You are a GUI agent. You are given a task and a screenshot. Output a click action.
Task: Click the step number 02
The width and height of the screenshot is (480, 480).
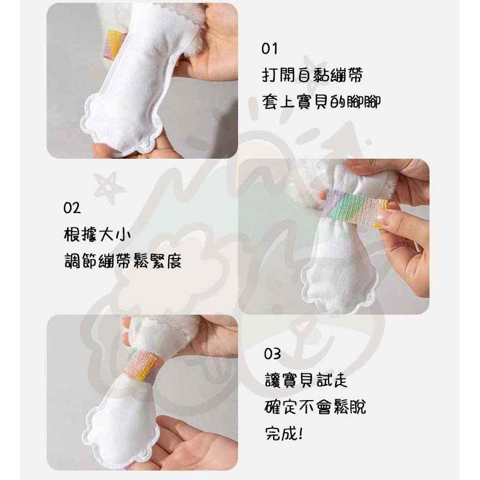[x=72, y=208]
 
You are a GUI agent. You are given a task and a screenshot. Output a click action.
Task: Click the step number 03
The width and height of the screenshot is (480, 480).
[x=272, y=353]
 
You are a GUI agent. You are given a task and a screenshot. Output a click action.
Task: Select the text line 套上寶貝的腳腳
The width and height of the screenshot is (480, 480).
[x=322, y=102]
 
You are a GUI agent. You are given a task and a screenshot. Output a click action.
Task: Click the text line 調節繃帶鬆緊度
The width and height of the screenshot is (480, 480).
[x=123, y=261]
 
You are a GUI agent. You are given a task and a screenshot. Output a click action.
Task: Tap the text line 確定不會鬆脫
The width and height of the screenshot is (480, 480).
[x=315, y=407]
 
